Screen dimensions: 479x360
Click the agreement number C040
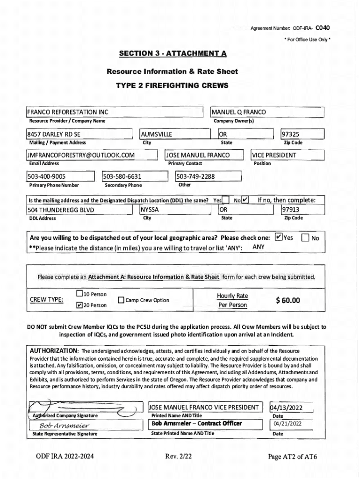[x=323, y=28]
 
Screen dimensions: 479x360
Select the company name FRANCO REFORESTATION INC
[x=68, y=112]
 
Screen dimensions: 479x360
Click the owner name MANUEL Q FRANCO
[x=239, y=112]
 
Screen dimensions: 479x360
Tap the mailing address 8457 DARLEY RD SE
[x=54, y=134]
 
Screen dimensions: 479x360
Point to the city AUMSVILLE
[x=157, y=134]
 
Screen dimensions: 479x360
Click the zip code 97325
[x=290, y=134]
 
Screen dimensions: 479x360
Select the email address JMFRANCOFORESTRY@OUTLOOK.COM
[x=81, y=155]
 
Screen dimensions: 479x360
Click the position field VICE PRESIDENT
[x=274, y=155]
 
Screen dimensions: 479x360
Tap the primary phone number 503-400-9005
[x=47, y=176]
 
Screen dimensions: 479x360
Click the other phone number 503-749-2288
[x=196, y=176]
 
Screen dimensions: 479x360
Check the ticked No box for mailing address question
[x=245, y=201]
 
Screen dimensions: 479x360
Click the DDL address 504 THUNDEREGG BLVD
[x=61, y=210]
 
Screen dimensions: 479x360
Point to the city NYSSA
[x=151, y=210]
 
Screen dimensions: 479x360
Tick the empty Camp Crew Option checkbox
[x=121, y=300]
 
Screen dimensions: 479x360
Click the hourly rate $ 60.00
[x=288, y=300]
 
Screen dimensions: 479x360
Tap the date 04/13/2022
[x=287, y=408]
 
